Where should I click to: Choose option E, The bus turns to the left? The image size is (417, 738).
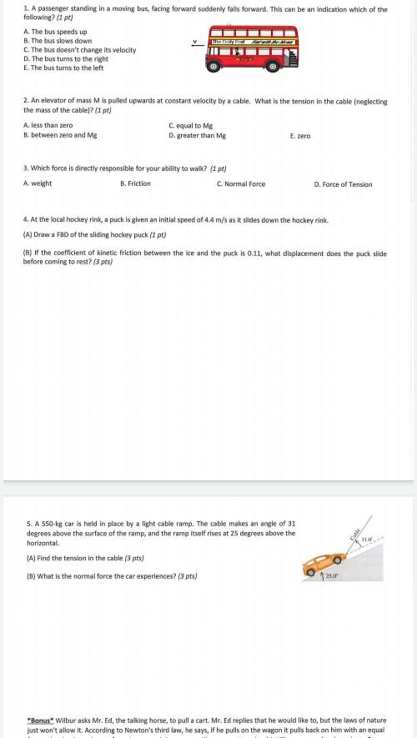(63, 68)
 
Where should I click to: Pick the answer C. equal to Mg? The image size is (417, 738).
(190, 125)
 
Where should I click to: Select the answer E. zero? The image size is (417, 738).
(299, 135)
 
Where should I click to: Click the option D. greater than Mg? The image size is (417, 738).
(197, 135)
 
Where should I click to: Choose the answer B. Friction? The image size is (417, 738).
(135, 183)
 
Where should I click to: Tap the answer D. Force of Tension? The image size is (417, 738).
(343, 184)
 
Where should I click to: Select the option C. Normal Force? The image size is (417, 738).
(241, 183)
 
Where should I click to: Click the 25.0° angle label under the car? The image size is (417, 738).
(331, 576)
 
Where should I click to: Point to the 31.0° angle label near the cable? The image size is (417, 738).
(366, 540)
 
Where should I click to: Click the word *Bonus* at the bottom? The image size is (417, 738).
(41, 717)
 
